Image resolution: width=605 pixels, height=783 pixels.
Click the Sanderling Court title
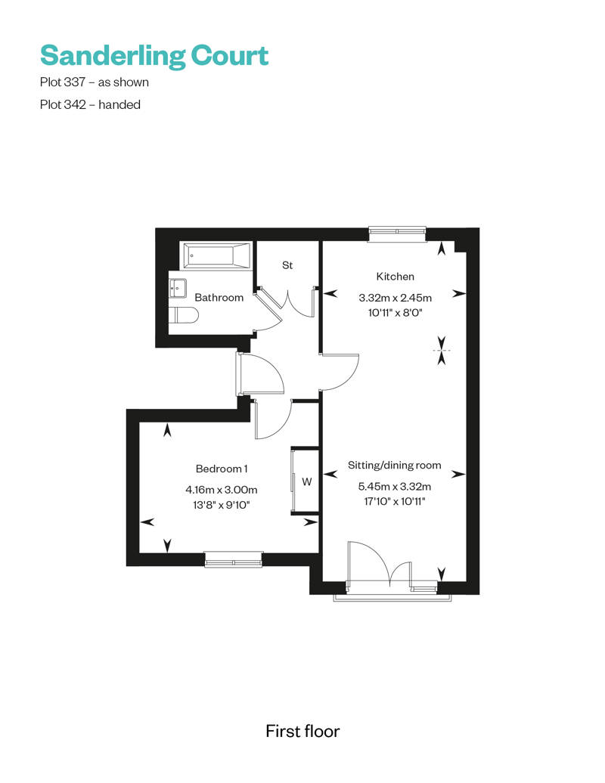154,56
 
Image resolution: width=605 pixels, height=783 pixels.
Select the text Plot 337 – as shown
95,82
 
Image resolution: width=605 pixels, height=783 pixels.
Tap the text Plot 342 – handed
90,105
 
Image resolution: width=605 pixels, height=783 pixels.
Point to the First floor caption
302,731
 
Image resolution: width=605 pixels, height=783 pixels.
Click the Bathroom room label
219,298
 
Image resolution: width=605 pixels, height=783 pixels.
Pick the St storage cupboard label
287,265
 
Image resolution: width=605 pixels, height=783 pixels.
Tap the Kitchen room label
396,277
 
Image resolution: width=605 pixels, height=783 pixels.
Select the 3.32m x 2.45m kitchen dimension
396,298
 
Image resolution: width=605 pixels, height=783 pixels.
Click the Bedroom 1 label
222,469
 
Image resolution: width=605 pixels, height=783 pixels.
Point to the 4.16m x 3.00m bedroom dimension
222,490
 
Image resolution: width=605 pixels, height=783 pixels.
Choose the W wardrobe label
307,482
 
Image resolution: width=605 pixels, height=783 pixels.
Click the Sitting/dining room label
395,466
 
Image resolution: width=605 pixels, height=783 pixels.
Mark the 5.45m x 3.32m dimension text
395,487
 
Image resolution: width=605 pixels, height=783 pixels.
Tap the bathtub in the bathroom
216,256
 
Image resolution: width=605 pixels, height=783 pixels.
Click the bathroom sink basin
178,288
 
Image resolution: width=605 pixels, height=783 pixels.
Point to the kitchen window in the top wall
397,231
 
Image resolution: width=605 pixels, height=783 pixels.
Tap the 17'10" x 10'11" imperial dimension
395,501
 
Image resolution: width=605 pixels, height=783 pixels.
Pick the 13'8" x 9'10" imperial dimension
222,505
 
